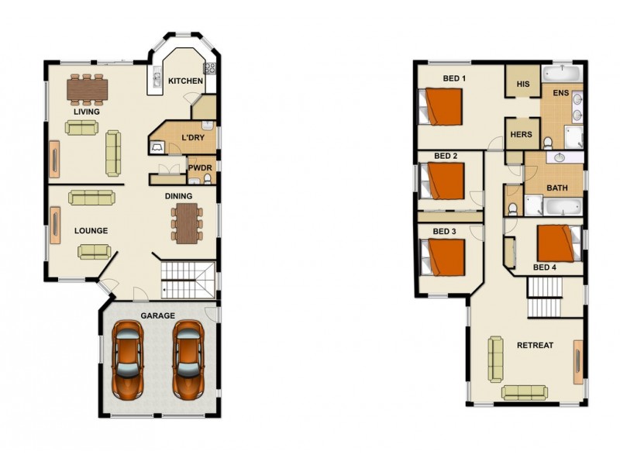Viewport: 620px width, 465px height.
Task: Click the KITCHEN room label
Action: (186, 81)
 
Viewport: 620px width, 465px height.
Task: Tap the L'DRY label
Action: (192, 138)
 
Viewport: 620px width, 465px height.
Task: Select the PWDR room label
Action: (200, 167)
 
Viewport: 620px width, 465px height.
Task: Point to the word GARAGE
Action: (157, 315)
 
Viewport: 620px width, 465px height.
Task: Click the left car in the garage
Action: (127, 358)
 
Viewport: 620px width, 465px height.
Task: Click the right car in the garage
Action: (188, 358)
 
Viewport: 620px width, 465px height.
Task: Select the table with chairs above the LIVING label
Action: (87, 90)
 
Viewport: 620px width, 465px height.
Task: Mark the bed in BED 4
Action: (556, 243)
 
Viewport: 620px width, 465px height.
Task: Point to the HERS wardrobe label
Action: (521, 134)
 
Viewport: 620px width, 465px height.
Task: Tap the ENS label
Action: (560, 93)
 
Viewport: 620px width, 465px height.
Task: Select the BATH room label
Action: (557, 188)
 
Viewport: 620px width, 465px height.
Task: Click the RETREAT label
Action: (535, 345)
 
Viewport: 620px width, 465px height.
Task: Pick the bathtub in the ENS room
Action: (562, 74)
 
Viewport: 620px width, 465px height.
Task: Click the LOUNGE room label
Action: (91, 230)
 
